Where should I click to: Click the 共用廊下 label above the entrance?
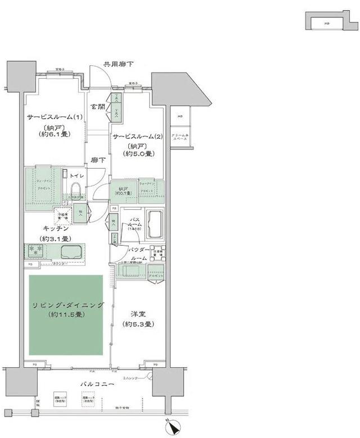[x=118, y=65]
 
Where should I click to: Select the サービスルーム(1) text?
[x=55, y=117]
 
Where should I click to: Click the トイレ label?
[x=77, y=176]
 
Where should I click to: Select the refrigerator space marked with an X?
[x=61, y=215]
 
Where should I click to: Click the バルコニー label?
[x=100, y=384]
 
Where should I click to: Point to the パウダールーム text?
[x=138, y=252]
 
